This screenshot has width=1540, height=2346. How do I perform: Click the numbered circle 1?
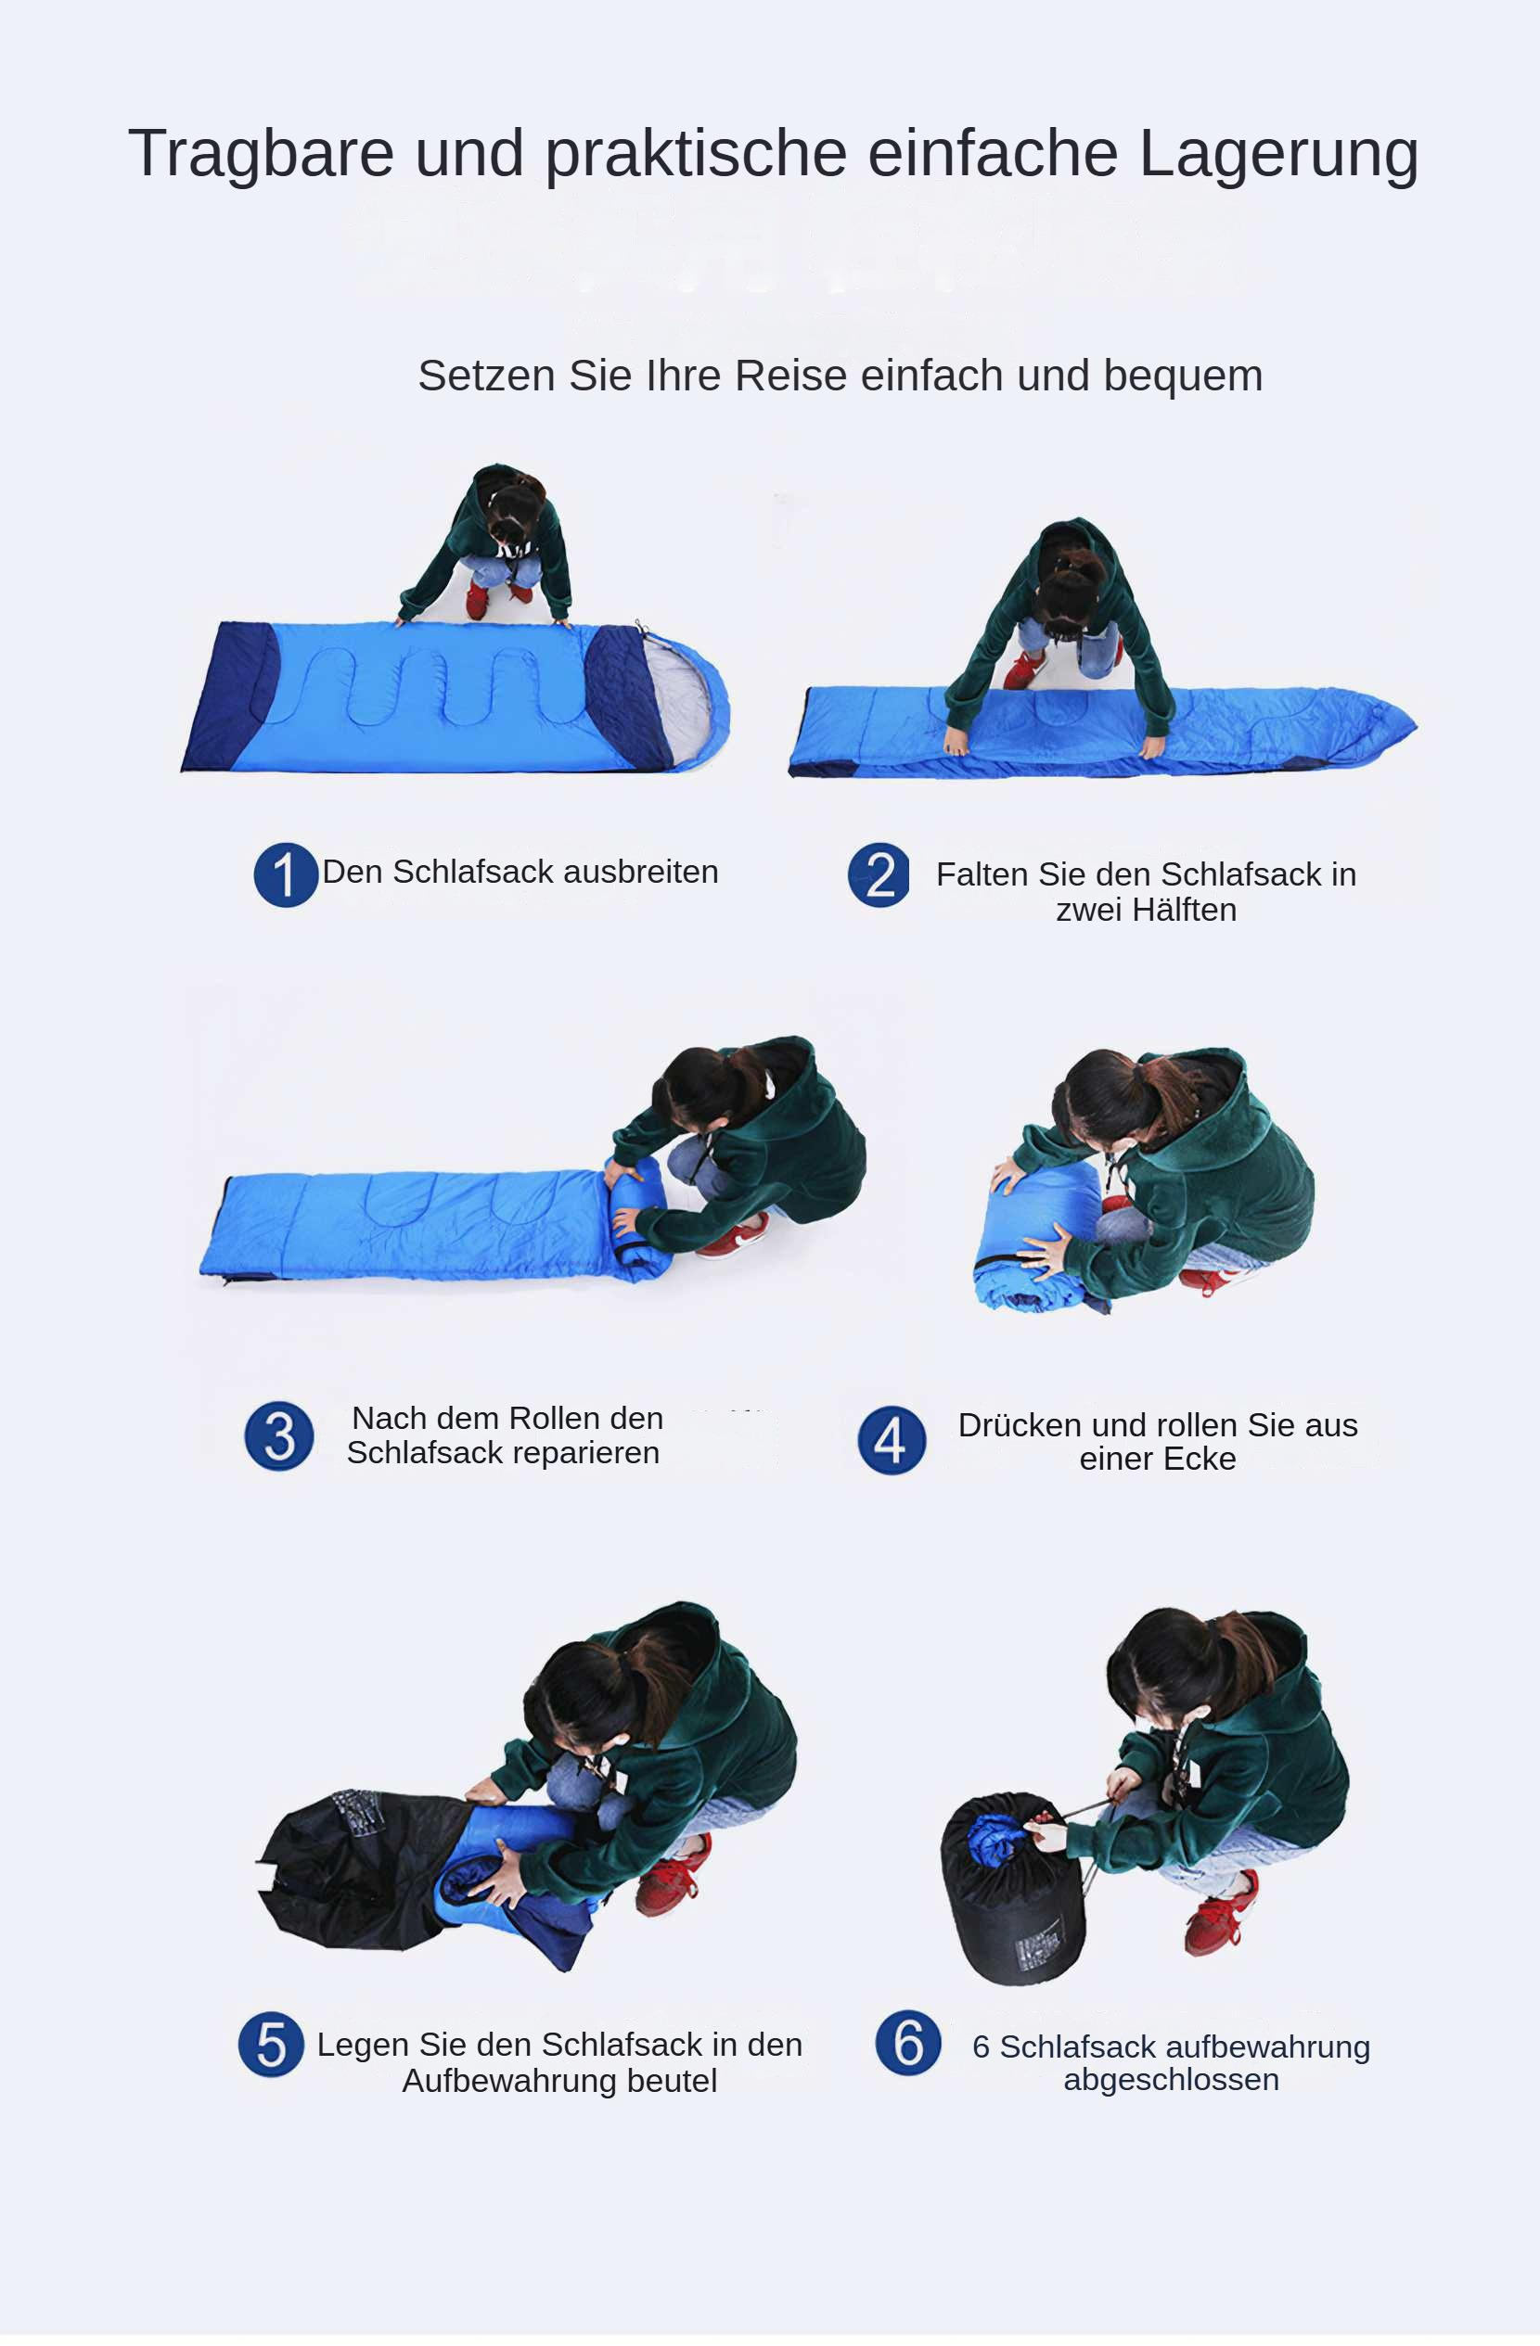pos(285,874)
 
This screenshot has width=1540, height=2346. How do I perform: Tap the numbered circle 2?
pos(879,874)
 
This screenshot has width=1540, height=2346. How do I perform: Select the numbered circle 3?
pos(279,1435)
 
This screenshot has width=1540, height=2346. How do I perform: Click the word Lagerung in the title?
pos(1278,156)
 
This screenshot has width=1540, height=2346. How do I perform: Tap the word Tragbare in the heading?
pos(262,154)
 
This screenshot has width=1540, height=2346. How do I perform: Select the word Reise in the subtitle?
pos(790,376)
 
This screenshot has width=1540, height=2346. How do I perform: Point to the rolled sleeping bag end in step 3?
pos(639,1220)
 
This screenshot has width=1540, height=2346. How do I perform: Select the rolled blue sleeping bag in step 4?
pos(1037,1239)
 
